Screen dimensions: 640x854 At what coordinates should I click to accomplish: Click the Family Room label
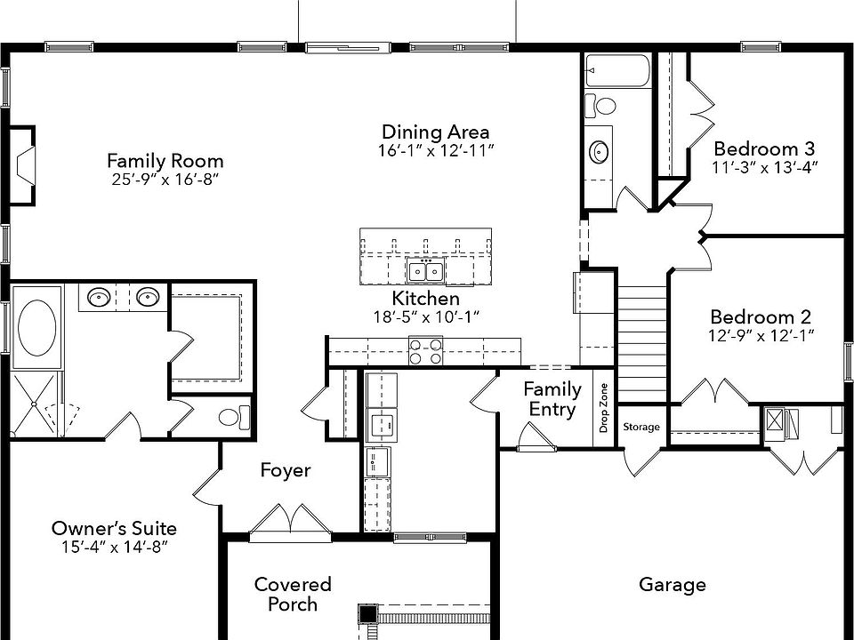tap(165, 161)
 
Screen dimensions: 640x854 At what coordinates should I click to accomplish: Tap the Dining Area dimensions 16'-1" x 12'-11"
tap(435, 150)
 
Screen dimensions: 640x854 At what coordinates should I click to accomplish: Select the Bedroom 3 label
tap(764, 148)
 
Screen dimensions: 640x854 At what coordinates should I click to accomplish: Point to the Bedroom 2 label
tap(761, 317)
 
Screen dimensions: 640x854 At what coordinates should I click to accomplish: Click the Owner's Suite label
tap(114, 528)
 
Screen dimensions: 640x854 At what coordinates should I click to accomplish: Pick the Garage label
tap(673, 584)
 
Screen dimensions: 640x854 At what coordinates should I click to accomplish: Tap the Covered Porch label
tap(293, 594)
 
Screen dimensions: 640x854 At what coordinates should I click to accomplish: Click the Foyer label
tap(286, 469)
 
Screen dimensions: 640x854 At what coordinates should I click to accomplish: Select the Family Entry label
tap(552, 399)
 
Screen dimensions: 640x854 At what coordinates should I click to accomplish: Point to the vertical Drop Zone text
tap(604, 406)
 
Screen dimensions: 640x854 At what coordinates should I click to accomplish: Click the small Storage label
tap(640, 428)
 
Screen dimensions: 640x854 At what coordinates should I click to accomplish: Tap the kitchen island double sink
tap(426, 271)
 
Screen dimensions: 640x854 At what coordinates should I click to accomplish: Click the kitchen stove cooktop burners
tap(425, 351)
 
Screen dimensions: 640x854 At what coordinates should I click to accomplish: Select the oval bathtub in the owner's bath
tap(36, 326)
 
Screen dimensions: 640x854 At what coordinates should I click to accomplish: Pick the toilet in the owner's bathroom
tap(233, 416)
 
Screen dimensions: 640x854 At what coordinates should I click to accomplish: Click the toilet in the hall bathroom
tap(604, 107)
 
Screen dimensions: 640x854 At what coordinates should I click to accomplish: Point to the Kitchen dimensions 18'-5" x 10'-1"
tap(428, 316)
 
